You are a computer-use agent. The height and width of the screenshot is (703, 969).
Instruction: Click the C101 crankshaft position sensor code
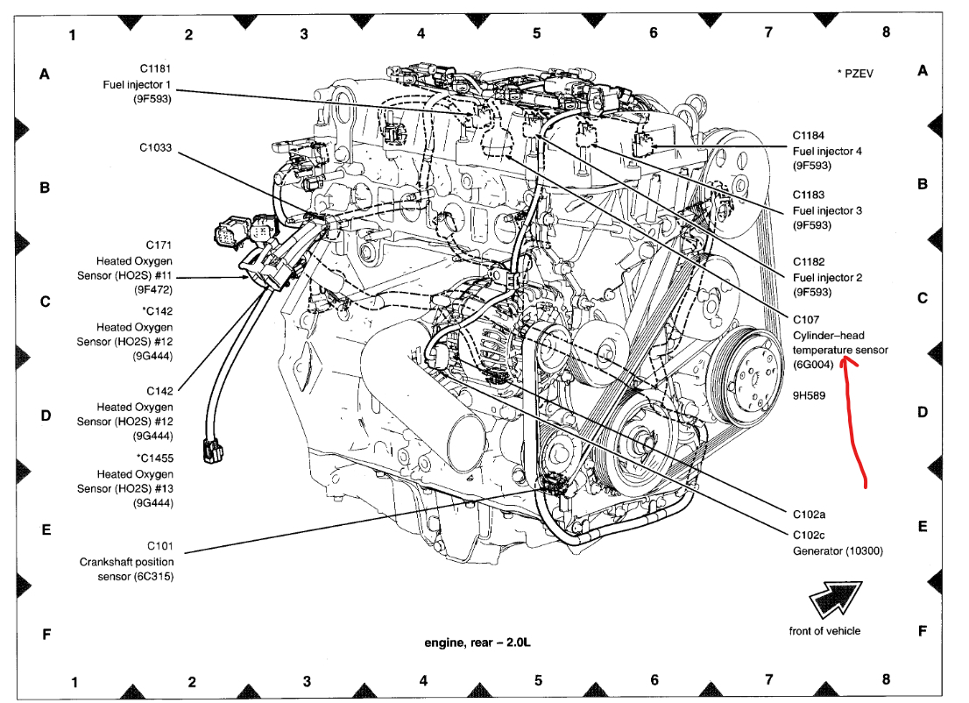158,545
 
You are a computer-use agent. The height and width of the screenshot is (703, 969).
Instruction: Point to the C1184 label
810,135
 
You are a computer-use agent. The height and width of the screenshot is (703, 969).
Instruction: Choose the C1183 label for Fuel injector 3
810,195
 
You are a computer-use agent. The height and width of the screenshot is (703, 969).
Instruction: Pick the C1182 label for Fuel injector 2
810,261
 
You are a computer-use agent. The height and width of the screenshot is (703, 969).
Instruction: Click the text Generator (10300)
838,550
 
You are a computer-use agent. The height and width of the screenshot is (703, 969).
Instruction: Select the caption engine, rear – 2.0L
477,643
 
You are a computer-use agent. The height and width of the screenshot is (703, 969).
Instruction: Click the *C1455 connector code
155,457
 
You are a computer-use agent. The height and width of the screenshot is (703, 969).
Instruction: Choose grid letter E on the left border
45,529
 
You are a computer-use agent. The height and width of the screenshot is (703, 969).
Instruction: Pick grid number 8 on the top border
886,32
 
